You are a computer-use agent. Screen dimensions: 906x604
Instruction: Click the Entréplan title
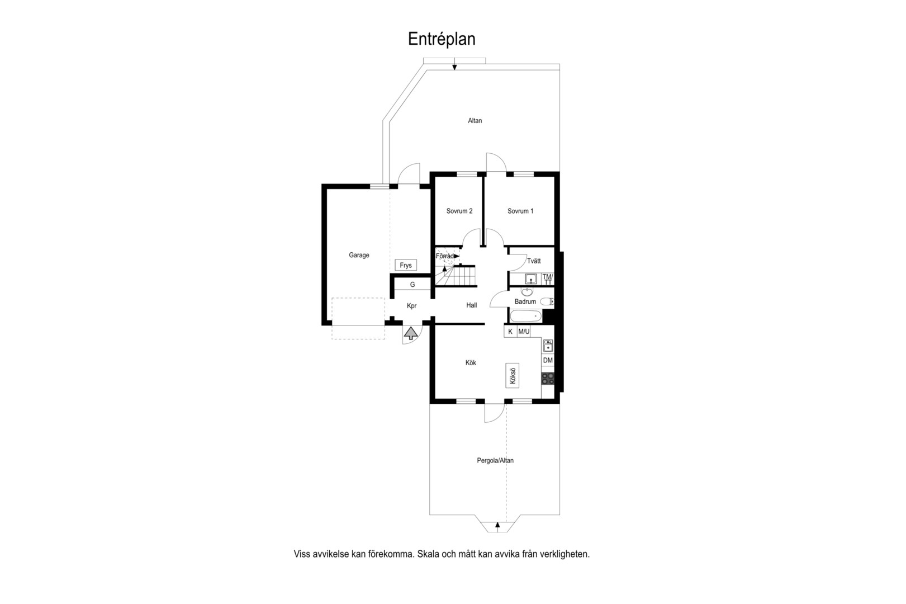(x=442, y=39)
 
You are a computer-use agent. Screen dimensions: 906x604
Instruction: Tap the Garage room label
(x=359, y=255)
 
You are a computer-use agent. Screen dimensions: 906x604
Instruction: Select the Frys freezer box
(x=406, y=265)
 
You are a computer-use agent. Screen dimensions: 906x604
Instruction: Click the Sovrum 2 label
(x=459, y=211)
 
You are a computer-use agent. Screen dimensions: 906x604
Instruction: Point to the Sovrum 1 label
(x=520, y=211)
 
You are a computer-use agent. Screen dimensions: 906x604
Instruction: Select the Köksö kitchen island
(x=513, y=375)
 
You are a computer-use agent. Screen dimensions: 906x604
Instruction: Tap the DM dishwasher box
(x=548, y=360)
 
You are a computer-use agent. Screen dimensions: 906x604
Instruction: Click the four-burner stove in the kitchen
(x=548, y=379)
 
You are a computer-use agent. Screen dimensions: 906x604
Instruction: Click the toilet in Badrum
(x=547, y=301)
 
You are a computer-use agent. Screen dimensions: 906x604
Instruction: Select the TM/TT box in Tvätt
(x=548, y=279)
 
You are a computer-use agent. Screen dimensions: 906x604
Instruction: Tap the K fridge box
(x=510, y=332)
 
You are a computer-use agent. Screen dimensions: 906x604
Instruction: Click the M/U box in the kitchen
(x=524, y=332)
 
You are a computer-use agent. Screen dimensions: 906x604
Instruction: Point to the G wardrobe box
(x=412, y=284)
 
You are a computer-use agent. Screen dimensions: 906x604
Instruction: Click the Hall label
(x=472, y=305)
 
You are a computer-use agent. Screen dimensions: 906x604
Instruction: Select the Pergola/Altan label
(x=495, y=460)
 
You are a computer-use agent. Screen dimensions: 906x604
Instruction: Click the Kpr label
(x=412, y=306)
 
